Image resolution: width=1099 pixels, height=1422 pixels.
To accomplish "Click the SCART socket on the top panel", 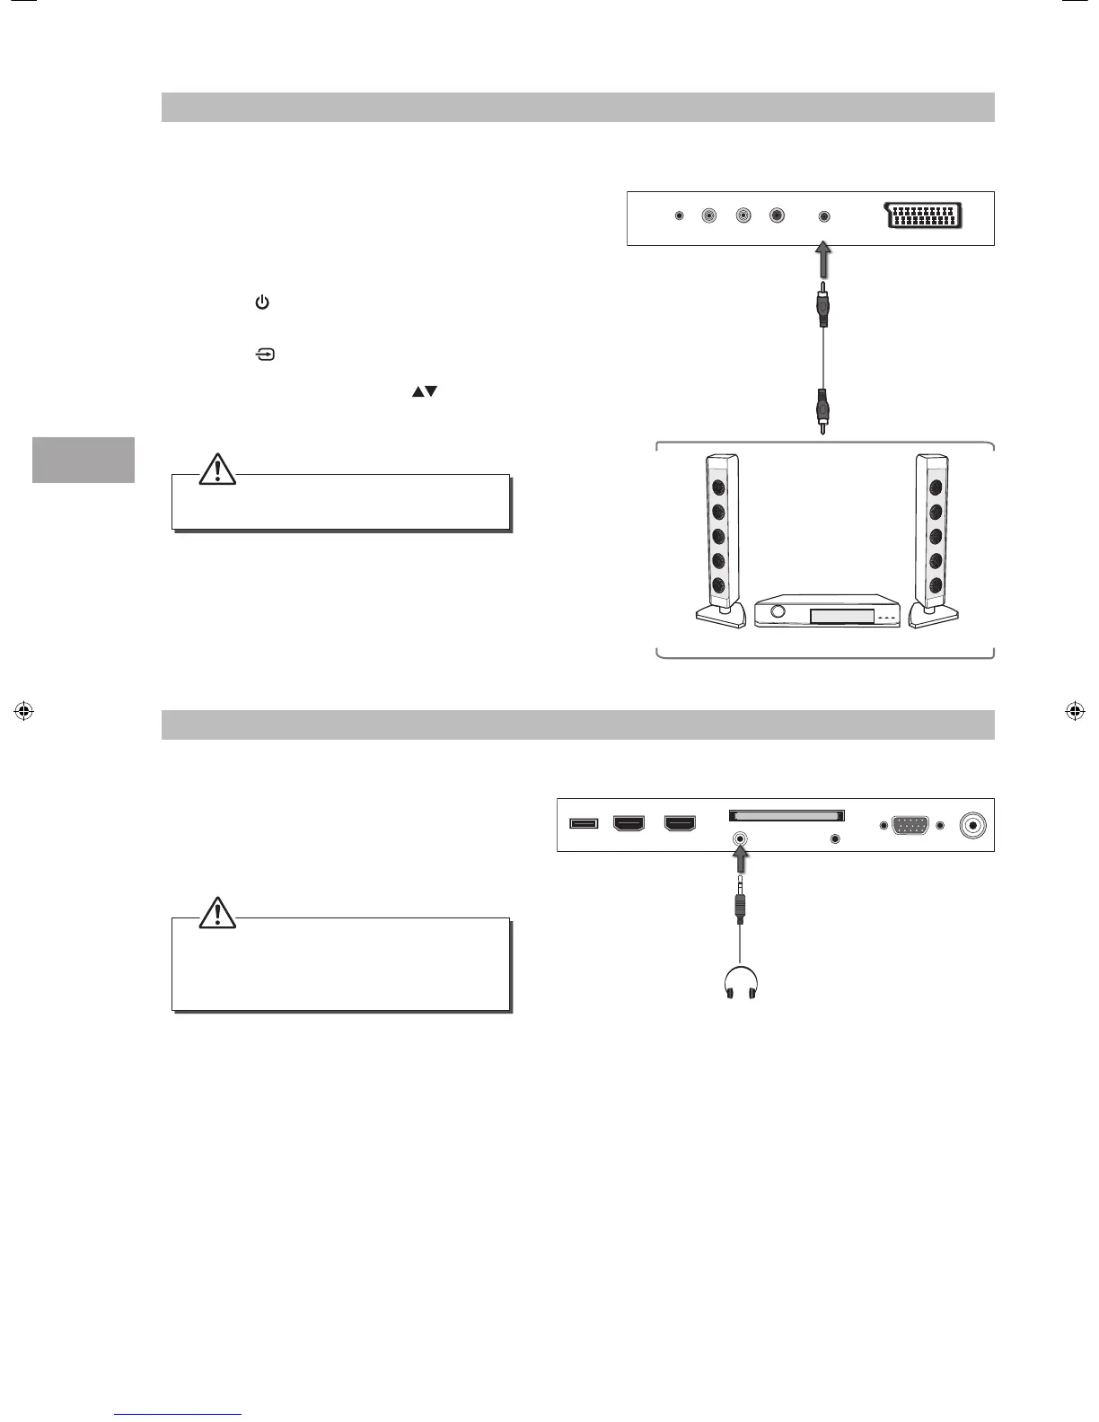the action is (x=926, y=216).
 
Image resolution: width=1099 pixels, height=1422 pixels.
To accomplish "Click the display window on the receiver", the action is (x=842, y=616).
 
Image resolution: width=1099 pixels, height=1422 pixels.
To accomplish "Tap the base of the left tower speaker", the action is (x=721, y=616).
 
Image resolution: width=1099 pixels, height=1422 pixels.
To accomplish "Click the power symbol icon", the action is (x=262, y=303).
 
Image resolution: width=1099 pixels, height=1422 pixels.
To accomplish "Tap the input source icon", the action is (x=266, y=355).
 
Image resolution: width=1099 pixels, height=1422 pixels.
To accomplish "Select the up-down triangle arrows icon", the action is (x=424, y=391).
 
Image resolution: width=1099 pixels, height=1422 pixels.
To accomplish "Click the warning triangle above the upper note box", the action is (x=217, y=469).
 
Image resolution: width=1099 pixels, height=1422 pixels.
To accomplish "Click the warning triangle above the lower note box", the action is (x=217, y=912).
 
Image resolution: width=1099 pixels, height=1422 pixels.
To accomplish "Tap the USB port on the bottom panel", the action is (x=584, y=822).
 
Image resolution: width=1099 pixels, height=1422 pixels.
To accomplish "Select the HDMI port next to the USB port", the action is (x=629, y=822).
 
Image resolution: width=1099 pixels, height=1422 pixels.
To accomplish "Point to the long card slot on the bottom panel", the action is (x=787, y=815).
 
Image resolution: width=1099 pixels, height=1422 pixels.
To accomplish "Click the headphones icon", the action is (x=739, y=985).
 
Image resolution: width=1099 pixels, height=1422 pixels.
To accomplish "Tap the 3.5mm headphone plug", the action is (x=739, y=905).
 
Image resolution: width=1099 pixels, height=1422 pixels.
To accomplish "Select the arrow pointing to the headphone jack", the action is (x=740, y=862).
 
